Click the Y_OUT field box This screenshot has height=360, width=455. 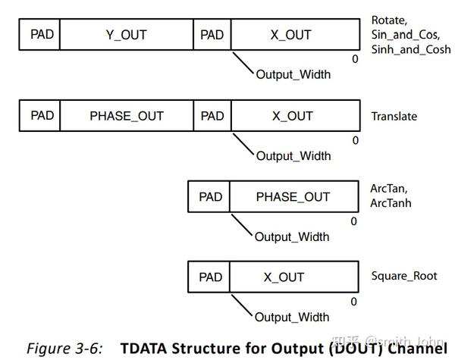point(127,35)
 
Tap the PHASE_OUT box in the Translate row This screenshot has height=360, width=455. point(127,116)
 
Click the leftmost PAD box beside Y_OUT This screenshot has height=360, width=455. point(39,35)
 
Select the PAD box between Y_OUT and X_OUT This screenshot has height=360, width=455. point(212,35)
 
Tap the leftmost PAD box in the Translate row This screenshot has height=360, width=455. point(39,116)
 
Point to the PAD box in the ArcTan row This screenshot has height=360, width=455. point(210,196)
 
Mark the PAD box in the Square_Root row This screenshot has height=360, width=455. point(210,277)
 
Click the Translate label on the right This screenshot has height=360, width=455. point(394,117)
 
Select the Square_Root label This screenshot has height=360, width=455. point(404,276)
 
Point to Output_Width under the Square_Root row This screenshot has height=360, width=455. point(292,317)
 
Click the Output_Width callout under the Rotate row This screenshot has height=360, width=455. point(293,76)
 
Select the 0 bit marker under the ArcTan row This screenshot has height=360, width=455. point(353,221)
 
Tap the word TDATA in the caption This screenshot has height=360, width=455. point(146,349)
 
